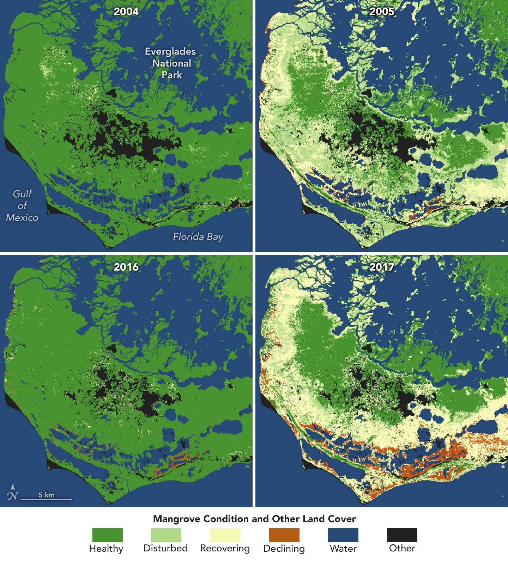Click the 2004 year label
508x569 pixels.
click(126, 12)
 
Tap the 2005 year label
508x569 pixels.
click(382, 12)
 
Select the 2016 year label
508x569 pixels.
click(126, 267)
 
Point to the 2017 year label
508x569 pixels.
click(382, 267)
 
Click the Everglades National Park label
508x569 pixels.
click(171, 63)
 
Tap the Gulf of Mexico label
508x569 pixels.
click(22, 206)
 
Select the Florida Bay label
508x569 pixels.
click(198, 237)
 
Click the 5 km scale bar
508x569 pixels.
click(47, 499)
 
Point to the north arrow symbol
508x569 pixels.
click(12, 493)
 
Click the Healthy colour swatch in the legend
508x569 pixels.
click(107, 535)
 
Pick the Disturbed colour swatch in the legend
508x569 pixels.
click(166, 535)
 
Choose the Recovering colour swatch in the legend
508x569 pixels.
click(225, 535)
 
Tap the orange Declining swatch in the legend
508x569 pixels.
click(284, 535)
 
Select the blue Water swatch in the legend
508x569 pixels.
click(343, 535)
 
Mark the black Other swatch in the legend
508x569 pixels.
click(402, 535)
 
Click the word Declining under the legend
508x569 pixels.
click(284, 549)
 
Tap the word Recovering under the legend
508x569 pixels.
click(225, 549)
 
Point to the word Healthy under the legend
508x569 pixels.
click(106, 549)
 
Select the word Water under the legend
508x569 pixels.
click(343, 549)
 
